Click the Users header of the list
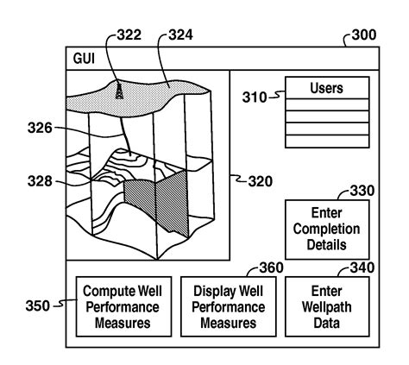(327, 88)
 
